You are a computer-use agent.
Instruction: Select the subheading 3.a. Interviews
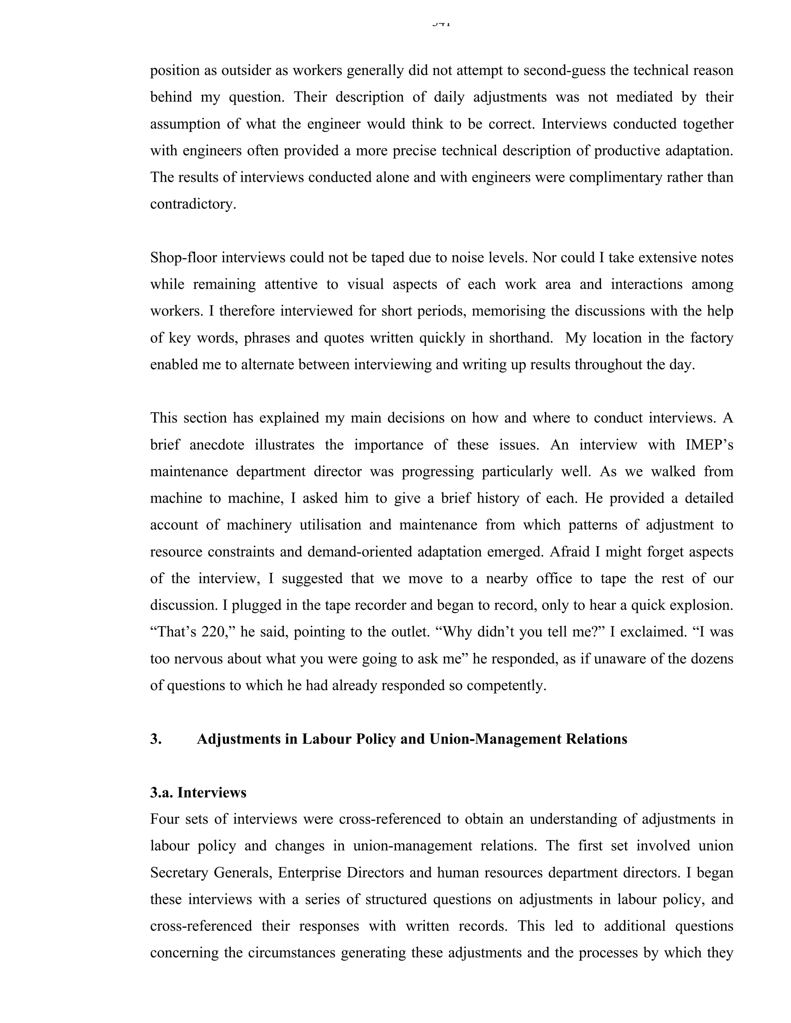tap(198, 792)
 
